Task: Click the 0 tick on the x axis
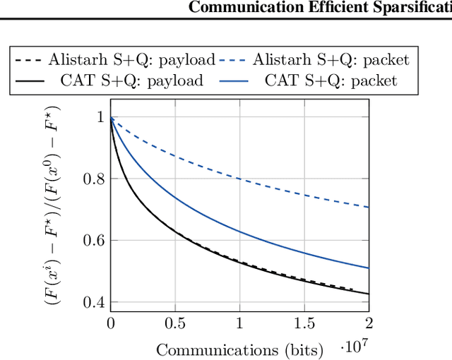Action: [x=111, y=323]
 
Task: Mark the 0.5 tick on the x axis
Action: [x=175, y=323]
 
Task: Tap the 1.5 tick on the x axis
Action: [x=304, y=323]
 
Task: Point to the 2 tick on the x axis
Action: [x=369, y=323]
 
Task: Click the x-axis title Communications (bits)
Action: [x=239, y=349]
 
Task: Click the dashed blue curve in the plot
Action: [x=240, y=178]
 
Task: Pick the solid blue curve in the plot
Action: [x=240, y=231]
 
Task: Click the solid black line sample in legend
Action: [x=27, y=80]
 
